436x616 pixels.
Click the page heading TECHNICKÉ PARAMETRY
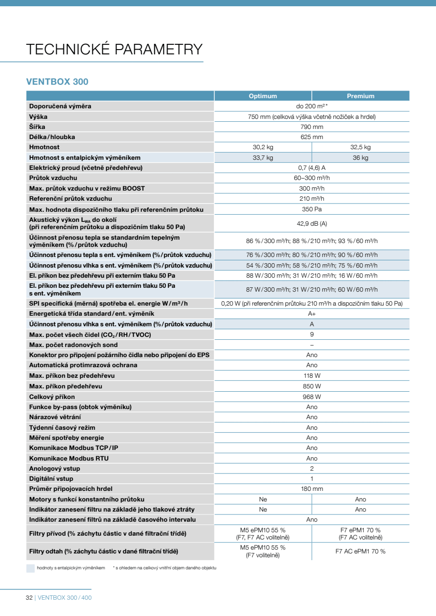point(114,49)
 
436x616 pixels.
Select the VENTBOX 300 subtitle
point(57,82)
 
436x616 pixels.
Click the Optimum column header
point(263,96)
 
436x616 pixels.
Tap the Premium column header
point(360,96)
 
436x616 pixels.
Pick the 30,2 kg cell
point(263,147)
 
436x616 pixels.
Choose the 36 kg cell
point(360,157)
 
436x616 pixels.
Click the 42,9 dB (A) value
point(312,223)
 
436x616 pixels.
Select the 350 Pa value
point(312,209)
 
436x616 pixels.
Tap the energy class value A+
point(312,313)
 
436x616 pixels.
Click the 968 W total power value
point(312,397)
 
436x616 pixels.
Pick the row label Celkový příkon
point(52,397)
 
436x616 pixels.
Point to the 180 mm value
point(312,489)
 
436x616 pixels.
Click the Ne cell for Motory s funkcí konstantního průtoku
point(263,499)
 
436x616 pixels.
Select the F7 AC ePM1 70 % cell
point(360,551)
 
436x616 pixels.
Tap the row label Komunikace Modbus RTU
point(69,458)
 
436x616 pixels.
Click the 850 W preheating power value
point(312,386)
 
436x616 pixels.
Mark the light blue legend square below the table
point(30,568)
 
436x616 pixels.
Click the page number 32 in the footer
point(29,598)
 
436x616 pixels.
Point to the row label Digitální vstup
point(51,478)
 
